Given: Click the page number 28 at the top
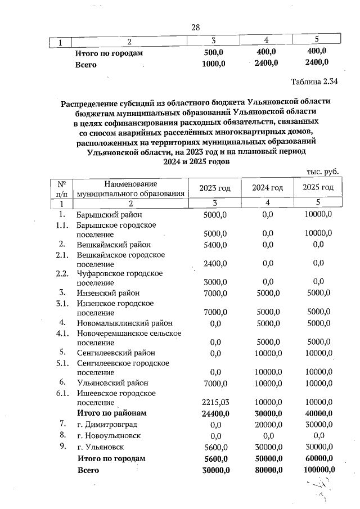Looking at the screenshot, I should [x=196, y=28].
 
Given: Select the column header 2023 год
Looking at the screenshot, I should [x=214, y=187].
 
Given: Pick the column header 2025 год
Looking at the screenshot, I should [x=318, y=187].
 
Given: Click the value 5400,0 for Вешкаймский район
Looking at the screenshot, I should [x=214, y=245].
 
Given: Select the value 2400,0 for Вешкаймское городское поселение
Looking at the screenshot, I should [x=214, y=263].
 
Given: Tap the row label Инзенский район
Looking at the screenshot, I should [x=108, y=293].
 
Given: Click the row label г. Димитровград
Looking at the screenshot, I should [x=107, y=424].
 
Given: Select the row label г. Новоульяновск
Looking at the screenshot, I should [x=109, y=435].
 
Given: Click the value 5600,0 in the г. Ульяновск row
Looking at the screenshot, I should [x=214, y=447].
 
